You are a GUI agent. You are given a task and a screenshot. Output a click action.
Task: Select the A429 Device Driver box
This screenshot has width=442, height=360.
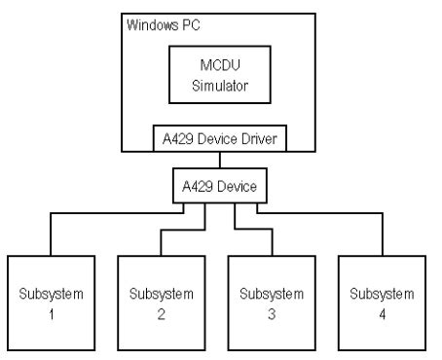221,138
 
